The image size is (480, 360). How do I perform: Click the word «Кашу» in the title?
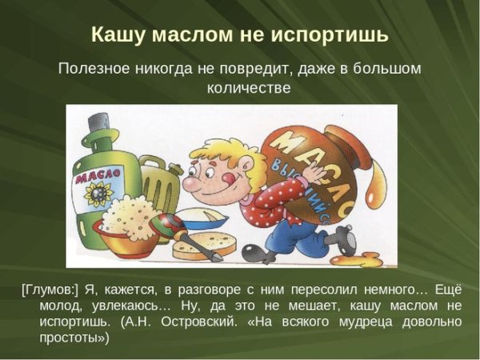(x=116, y=35)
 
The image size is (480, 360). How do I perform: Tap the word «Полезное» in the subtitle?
(x=94, y=69)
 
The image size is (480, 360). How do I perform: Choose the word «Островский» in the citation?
(x=198, y=322)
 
